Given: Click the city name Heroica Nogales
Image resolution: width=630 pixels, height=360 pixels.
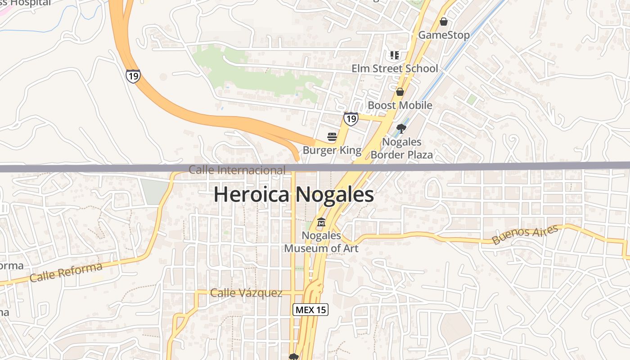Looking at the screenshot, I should (293, 195).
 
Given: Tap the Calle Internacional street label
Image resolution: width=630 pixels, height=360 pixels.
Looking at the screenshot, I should (237, 170).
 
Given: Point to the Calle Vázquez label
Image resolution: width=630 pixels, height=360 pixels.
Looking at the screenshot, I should (246, 293).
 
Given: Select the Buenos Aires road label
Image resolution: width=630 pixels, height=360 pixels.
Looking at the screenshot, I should (525, 235).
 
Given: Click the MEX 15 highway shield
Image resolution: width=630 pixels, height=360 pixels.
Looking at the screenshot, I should (310, 310).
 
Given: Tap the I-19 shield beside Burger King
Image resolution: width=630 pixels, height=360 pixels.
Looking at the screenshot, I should (351, 119).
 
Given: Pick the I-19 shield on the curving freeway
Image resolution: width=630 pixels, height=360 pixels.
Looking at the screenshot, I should (133, 76).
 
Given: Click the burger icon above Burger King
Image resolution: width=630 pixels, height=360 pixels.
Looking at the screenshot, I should (332, 137).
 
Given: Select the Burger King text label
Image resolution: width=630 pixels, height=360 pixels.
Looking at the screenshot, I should (332, 150).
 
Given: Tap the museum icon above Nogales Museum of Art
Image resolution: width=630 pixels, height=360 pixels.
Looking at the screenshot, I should (321, 222).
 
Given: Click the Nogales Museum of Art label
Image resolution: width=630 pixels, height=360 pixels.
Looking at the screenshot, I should (321, 242).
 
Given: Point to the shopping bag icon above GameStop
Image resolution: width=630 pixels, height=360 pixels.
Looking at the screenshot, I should (444, 22).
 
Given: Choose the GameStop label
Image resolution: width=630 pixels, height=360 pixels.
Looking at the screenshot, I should (444, 35).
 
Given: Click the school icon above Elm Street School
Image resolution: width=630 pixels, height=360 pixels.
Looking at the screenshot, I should (395, 55).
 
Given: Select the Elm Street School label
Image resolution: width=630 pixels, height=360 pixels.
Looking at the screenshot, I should (395, 68).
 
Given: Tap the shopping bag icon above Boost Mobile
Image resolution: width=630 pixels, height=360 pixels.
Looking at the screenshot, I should (400, 92).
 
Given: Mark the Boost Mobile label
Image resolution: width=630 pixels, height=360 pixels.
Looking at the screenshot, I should (400, 105).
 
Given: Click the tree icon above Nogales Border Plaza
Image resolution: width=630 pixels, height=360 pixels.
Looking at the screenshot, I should (401, 129).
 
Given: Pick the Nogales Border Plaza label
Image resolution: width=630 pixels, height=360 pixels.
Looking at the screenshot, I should (401, 148).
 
